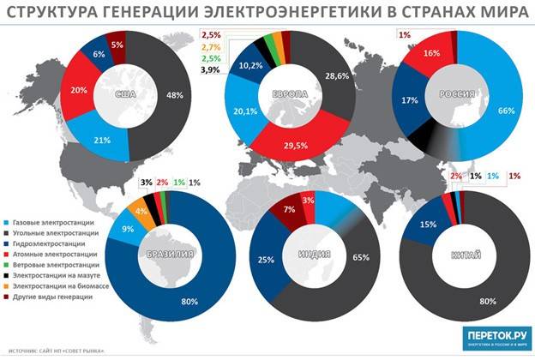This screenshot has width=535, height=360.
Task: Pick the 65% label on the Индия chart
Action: click(x=361, y=256)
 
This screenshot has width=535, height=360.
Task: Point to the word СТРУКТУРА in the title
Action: click(x=52, y=13)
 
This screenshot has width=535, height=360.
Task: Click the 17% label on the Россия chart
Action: click(x=411, y=101)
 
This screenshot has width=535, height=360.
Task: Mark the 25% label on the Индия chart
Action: click(x=268, y=260)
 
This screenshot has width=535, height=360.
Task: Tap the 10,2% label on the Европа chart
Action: click(x=249, y=65)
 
